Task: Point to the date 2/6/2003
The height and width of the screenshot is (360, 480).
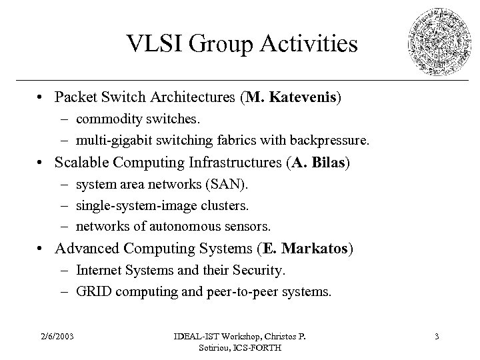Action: pyautogui.click(x=57, y=336)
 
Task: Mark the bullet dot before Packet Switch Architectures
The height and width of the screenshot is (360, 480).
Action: pyautogui.click(x=42, y=99)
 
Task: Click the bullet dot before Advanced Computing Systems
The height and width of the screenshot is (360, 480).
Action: pyautogui.click(x=42, y=249)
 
